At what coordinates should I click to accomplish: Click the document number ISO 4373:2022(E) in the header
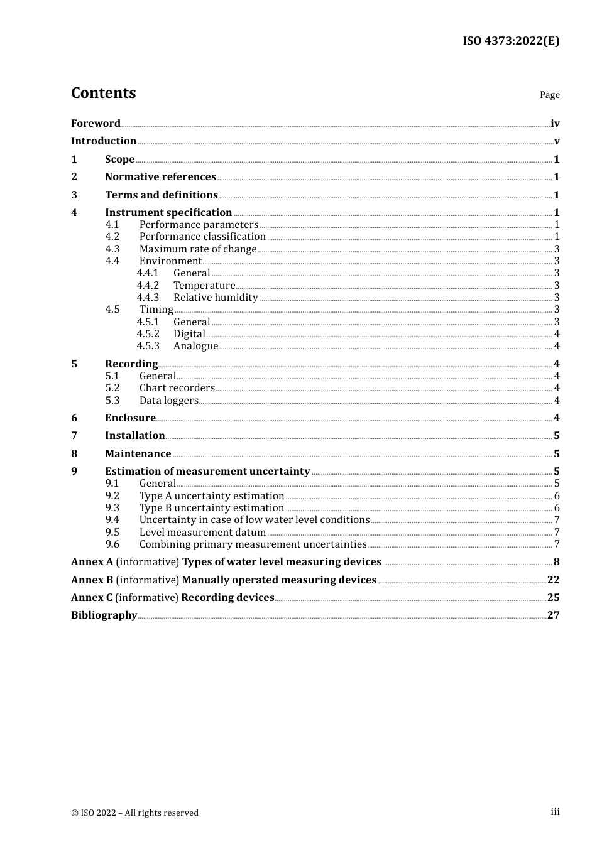click(511, 41)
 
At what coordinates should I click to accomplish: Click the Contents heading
click(103, 93)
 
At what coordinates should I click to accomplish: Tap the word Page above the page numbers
click(549, 95)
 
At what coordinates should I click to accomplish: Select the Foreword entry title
click(96, 124)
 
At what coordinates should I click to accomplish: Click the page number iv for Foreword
click(555, 124)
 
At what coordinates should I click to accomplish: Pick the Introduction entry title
click(104, 141)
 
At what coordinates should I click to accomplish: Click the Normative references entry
click(160, 177)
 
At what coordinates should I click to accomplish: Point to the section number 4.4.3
click(148, 298)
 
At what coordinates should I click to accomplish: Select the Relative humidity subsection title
click(216, 298)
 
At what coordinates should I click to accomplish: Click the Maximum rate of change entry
click(198, 249)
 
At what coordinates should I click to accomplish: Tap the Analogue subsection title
click(195, 346)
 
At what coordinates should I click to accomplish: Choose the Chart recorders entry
click(177, 388)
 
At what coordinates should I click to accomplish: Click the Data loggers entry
click(168, 401)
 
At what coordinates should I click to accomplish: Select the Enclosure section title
click(130, 418)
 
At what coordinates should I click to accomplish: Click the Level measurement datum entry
click(202, 533)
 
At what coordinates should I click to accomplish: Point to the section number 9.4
click(112, 520)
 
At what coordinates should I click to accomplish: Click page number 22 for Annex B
click(553, 580)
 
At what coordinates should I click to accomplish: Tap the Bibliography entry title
click(104, 615)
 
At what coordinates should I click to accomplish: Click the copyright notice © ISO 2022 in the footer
click(134, 813)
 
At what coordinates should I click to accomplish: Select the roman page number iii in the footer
click(555, 812)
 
